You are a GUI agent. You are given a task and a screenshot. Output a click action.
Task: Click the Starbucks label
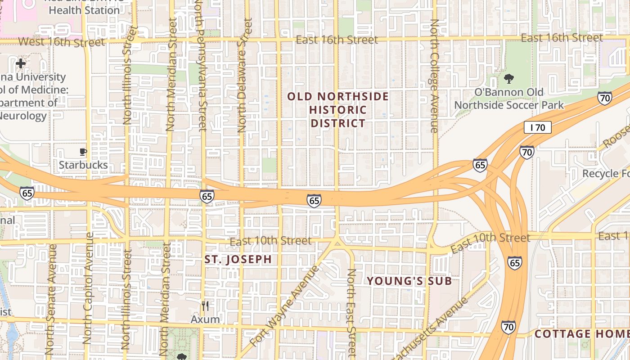[83, 165]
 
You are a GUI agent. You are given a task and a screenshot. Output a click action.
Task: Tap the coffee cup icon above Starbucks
[83, 152]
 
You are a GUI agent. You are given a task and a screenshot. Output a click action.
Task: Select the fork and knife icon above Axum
[205, 306]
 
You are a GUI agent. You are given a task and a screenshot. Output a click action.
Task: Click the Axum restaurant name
[205, 319]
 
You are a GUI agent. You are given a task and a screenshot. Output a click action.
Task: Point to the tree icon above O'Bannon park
[509, 79]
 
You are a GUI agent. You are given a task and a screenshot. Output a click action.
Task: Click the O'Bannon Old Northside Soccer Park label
[509, 99]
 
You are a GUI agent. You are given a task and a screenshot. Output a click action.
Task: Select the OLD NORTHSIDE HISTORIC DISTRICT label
[338, 110]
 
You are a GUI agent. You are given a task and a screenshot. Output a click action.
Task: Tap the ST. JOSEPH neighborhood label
[238, 260]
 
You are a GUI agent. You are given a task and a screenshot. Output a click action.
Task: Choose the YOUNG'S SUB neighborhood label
[409, 281]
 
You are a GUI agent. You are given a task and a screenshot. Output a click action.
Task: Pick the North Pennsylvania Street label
[201, 67]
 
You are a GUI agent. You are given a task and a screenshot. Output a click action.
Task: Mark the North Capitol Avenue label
[89, 288]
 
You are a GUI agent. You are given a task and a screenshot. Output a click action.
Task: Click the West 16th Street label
[61, 42]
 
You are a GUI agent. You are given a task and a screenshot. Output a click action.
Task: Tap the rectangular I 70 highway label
[537, 127]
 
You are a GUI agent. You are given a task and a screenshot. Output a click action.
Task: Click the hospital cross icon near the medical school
[20, 63]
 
